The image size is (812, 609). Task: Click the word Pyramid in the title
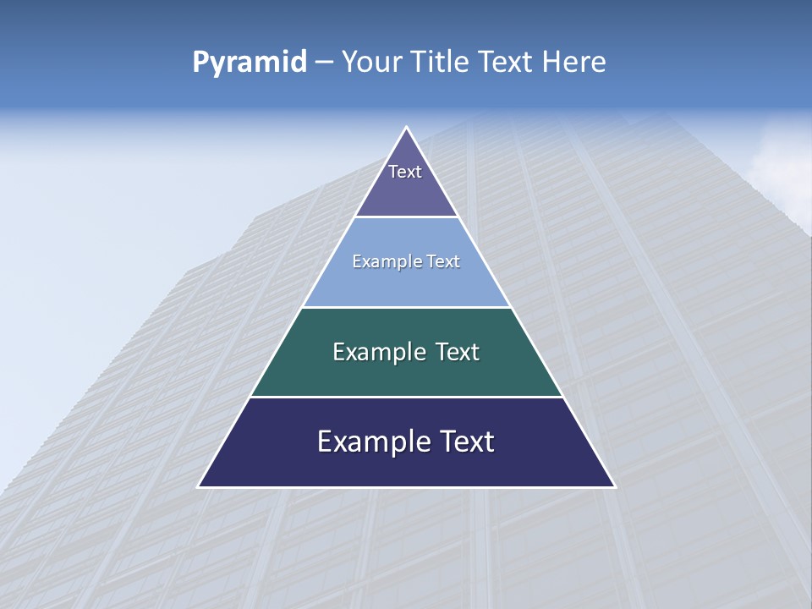(250, 63)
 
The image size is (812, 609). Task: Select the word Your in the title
(373, 63)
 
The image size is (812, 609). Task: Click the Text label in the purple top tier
(405, 172)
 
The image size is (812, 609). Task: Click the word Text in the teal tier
(458, 352)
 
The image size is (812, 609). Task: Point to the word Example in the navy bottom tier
(373, 442)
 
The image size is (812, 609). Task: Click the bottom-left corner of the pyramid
(199, 486)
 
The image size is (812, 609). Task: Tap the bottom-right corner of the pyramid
(615, 486)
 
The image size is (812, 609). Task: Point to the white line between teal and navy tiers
(407, 397)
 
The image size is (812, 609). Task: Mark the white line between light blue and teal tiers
(407, 307)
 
